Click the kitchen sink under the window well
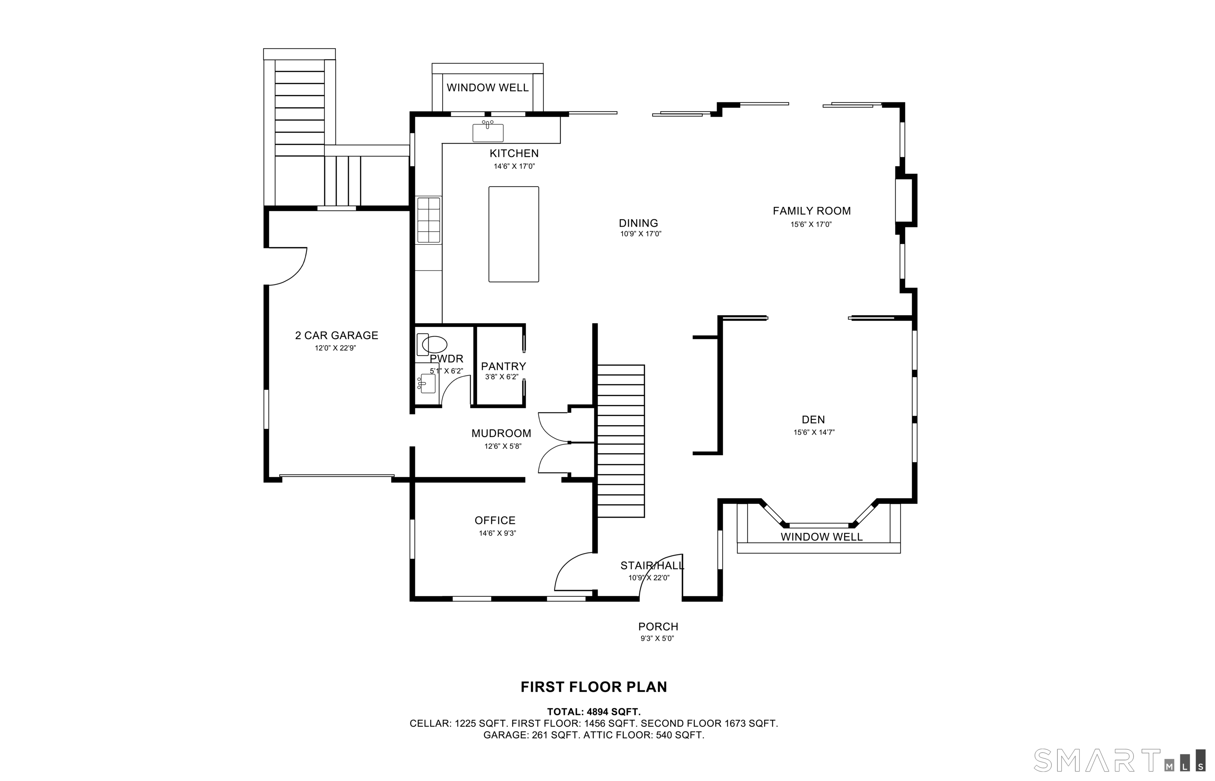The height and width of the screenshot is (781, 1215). (488, 132)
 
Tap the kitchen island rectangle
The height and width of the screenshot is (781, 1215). (513, 234)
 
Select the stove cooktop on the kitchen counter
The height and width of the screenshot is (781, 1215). (428, 220)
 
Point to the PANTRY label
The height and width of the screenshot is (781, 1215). (503, 366)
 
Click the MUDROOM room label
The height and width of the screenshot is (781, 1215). (501, 433)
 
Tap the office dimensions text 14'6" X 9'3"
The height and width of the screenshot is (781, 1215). (497, 533)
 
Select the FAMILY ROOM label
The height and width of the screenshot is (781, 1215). (811, 211)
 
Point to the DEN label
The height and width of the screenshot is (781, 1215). (813, 420)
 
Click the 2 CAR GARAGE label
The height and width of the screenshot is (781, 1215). (337, 335)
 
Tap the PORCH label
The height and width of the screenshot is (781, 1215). (658, 626)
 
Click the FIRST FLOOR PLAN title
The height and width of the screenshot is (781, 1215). (593, 686)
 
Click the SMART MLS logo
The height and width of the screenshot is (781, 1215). (1118, 760)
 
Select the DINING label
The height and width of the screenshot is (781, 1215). (638, 223)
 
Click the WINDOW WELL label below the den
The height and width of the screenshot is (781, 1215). (821, 537)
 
